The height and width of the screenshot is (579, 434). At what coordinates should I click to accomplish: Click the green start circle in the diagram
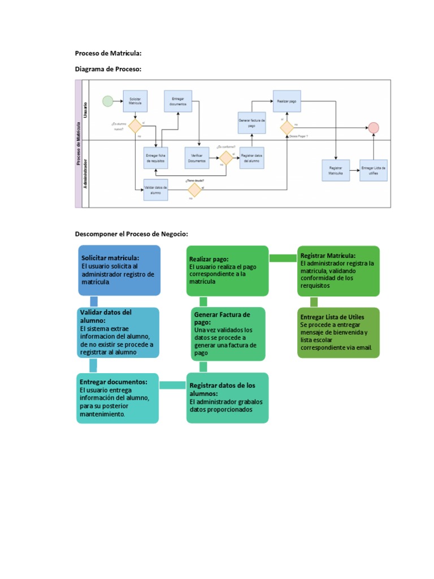[x=107, y=101]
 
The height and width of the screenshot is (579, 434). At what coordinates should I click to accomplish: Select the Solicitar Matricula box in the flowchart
[x=135, y=101]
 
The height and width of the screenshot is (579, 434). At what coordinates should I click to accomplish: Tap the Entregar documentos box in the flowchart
[x=178, y=101]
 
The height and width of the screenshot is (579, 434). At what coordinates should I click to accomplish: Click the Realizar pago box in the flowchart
[x=287, y=101]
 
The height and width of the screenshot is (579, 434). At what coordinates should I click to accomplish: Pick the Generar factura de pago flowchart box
[x=251, y=123]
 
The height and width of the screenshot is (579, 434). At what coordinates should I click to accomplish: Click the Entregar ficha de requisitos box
[x=155, y=158]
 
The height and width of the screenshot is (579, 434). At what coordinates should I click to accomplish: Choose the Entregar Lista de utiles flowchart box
[x=374, y=170]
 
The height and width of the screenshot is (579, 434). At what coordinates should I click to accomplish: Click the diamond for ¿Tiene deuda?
[x=194, y=189]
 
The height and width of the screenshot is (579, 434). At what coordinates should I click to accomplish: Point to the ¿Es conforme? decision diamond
[x=226, y=157]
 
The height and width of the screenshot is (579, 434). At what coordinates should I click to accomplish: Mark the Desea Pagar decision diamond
[x=287, y=128]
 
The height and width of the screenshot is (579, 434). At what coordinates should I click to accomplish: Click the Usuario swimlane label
[x=86, y=109]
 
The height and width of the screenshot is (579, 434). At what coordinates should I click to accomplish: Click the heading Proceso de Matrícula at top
[x=108, y=53]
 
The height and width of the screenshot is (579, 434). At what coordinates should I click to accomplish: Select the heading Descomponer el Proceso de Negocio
[x=131, y=234]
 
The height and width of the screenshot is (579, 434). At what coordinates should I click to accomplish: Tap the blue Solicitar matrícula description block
[x=119, y=270]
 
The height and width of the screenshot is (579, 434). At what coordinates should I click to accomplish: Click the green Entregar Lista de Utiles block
[x=338, y=332]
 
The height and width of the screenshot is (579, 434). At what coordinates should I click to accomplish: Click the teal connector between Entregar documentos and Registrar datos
[x=173, y=385]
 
